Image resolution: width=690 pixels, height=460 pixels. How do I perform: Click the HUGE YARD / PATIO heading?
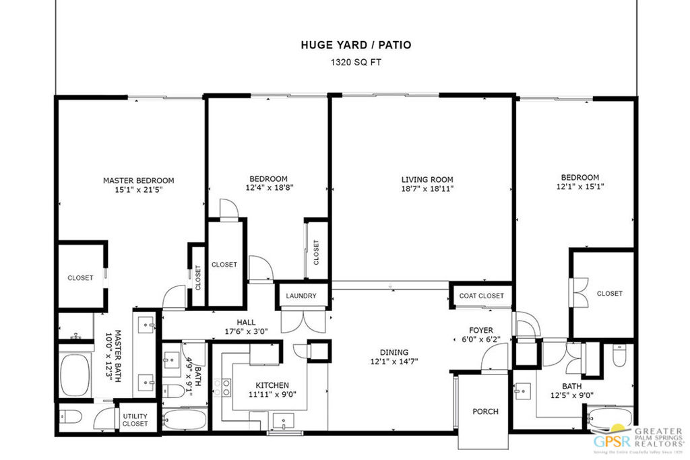[355, 45]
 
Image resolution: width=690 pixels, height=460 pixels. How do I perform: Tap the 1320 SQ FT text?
[355, 62]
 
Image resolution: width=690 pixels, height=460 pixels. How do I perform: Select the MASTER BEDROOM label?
[138, 180]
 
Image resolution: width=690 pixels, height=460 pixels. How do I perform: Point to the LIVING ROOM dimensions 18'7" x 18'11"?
[427, 189]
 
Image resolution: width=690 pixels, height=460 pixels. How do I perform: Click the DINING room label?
[394, 352]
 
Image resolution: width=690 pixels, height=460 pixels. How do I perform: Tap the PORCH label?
[485, 412]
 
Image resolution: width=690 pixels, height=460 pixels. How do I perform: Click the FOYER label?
[481, 331]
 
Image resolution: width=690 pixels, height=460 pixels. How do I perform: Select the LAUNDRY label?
[301, 296]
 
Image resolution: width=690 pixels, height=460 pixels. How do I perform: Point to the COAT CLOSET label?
[481, 296]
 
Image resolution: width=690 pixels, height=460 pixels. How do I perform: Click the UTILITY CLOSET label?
[135, 420]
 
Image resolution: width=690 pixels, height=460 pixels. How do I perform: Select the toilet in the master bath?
[69, 416]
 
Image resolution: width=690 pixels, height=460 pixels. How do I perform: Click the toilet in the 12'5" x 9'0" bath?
[619, 355]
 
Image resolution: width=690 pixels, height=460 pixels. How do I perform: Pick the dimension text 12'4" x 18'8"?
[268, 188]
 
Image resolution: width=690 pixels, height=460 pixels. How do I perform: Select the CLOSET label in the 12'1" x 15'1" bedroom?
[609, 294]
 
